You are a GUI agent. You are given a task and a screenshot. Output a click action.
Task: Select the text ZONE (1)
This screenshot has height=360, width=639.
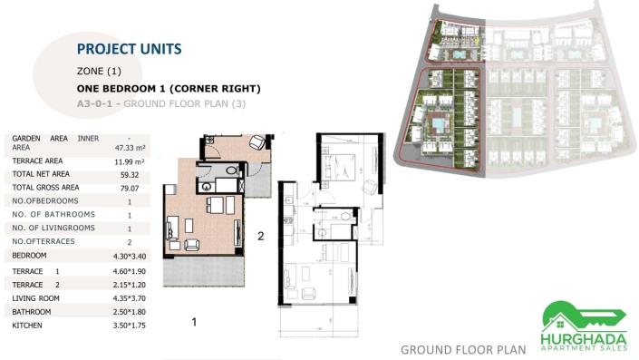coord(99,71)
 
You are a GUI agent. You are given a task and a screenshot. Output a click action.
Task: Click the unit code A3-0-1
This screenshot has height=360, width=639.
coord(97,104)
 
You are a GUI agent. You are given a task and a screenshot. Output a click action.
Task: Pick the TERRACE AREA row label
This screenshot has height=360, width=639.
coord(37,161)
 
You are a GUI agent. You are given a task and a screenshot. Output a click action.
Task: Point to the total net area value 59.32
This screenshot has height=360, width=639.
coord(130,174)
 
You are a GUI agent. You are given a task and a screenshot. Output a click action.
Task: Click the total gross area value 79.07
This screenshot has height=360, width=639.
coord(130,188)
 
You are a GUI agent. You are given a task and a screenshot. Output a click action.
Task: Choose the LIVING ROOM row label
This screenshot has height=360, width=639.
coord(35,297)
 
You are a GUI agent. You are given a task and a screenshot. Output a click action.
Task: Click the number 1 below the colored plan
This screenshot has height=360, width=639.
coord(194,321)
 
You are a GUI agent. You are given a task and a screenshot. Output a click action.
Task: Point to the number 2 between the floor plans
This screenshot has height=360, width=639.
coord(260,237)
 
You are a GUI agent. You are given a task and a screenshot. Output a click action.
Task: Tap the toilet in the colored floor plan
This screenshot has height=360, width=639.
coord(232,170)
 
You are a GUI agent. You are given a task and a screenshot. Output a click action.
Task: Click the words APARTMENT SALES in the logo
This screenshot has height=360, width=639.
coord(583,348)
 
